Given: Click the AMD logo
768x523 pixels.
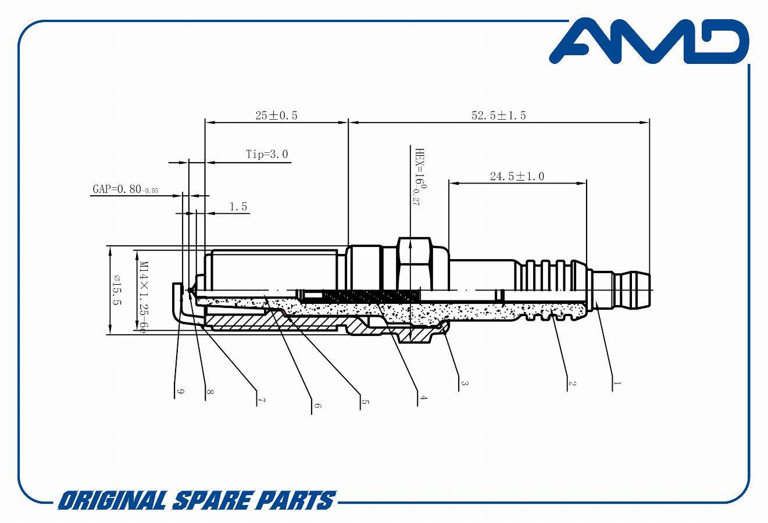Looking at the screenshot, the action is coord(649,41).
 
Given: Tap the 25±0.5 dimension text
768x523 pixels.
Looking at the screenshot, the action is coord(276,116).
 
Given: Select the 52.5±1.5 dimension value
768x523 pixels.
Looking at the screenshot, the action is coord(498,116).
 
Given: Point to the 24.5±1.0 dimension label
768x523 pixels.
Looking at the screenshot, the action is coord(517,177).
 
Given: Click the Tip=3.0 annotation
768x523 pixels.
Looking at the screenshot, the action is coord(267,154).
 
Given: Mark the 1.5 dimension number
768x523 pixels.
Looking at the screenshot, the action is coord(238,207).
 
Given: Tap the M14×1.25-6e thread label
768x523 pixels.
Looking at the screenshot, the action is coord(144,297).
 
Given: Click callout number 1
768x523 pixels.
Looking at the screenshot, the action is coord(617,383).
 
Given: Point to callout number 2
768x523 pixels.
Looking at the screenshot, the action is coord(571,383).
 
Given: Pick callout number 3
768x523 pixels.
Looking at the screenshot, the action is coord(464,383).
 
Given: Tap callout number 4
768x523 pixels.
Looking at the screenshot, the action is coord(423,398).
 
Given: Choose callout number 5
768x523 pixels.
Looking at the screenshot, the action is coord(365,402).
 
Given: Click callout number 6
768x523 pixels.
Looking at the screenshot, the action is coord(317,406).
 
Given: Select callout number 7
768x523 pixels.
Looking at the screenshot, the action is coord(262,400).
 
